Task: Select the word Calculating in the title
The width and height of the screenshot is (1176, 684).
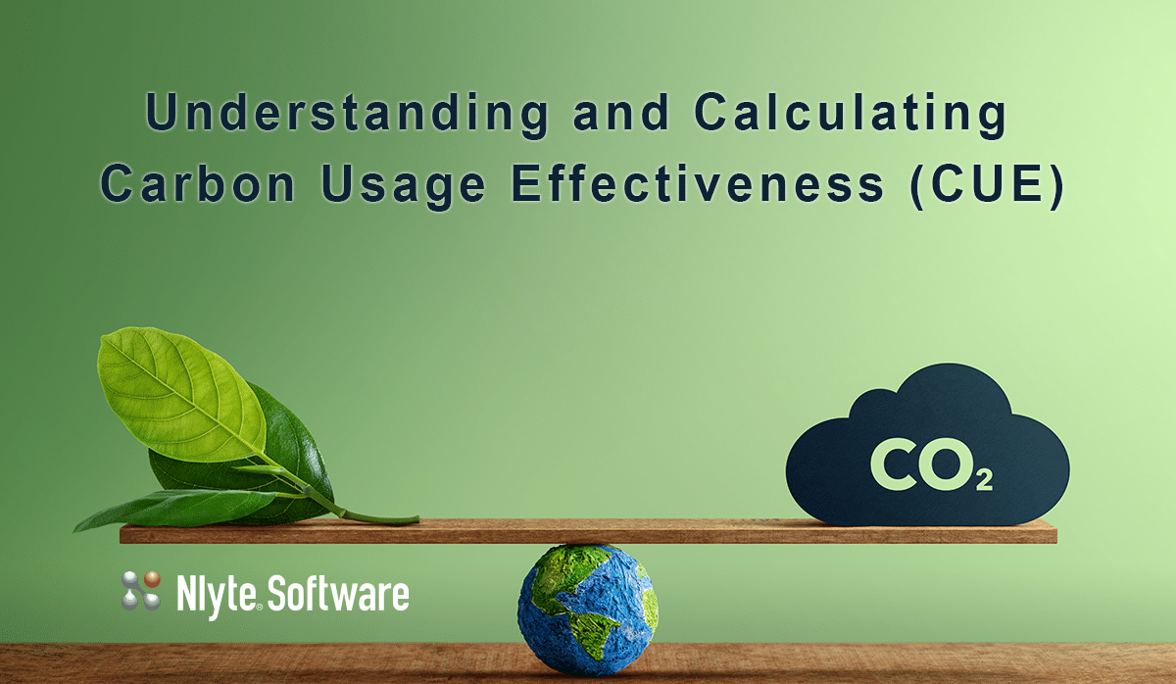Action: (x=850, y=115)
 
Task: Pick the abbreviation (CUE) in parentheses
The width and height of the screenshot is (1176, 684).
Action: (x=987, y=185)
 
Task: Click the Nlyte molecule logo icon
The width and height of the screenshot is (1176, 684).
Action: (x=141, y=591)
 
